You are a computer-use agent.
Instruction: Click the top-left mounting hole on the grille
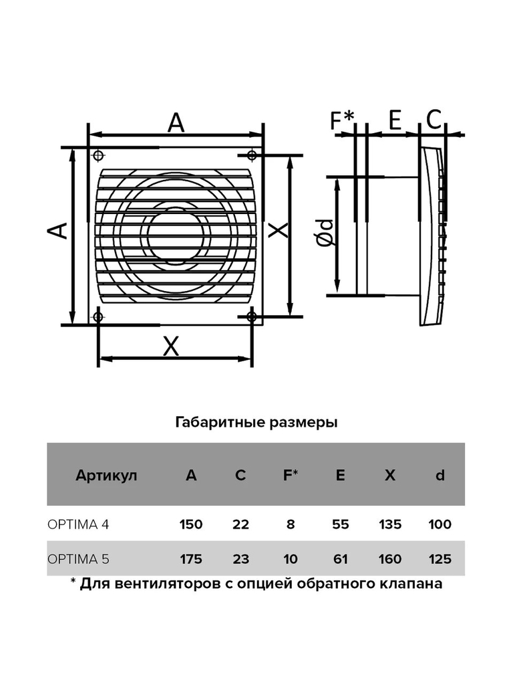99,155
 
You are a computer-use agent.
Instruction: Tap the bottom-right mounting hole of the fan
252,316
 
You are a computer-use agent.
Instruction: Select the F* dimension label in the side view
343,120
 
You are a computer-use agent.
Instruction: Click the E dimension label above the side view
395,120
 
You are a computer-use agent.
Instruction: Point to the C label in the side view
434,120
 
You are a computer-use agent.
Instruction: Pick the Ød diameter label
325,233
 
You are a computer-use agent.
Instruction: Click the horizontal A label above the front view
176,122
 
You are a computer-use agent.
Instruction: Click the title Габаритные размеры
256,423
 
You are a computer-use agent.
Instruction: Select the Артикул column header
106,476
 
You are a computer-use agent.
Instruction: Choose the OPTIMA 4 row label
78,524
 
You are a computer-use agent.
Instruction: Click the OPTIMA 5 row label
78,559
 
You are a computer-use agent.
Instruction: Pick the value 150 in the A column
191,524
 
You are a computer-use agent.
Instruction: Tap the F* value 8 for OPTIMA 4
291,524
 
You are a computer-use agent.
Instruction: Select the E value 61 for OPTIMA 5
340,559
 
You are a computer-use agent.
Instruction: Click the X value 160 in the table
390,559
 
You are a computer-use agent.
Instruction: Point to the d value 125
440,559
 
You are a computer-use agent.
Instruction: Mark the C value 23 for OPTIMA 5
240,559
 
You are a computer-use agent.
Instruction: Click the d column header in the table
440,475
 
